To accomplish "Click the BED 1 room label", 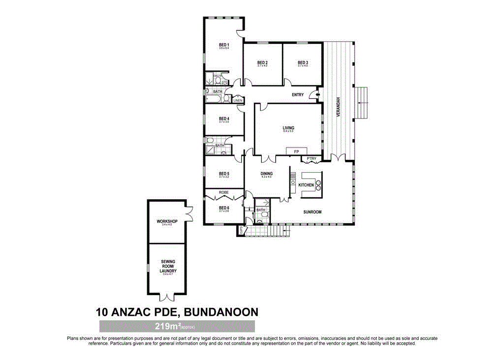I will point(224,45).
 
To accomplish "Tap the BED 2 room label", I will point(262,62).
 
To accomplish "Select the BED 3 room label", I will point(303,62).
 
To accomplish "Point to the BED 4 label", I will point(224,119).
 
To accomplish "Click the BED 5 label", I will point(224,174).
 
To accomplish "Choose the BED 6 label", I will point(224,208).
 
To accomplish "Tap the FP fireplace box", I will point(297,151).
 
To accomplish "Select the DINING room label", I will point(266,174).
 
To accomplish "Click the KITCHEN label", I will point(306,184).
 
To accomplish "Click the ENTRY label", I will point(298,95).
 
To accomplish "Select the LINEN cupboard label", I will point(238,100).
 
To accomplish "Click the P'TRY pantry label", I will point(311,158).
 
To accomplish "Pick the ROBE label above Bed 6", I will point(224,192).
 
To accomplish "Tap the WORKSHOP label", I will point(167,222).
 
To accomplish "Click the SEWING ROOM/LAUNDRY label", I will point(168,266).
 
